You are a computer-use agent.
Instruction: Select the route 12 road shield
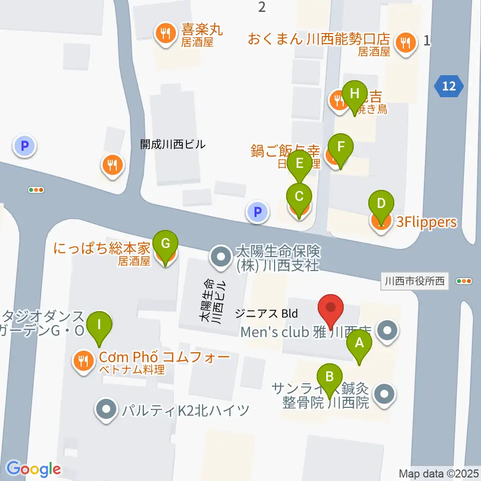click(x=449, y=86)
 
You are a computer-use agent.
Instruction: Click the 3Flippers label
click(x=426, y=222)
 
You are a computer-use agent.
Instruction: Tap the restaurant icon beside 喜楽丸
click(x=164, y=34)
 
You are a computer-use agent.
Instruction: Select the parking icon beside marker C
click(x=257, y=212)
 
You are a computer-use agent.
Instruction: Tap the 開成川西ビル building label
click(x=173, y=145)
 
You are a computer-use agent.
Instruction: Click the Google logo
click(x=34, y=468)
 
